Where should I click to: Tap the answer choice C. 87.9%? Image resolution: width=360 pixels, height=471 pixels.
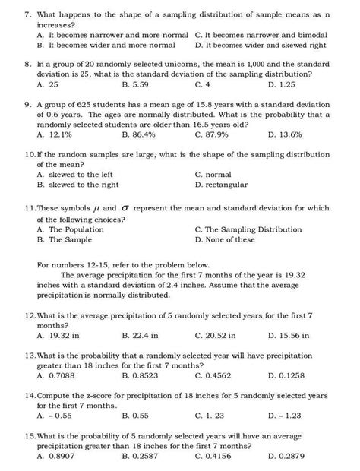pos(213,134)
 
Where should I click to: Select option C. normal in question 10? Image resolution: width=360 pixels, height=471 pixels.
pos(213,174)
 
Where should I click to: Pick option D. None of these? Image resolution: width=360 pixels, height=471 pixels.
pos(225,239)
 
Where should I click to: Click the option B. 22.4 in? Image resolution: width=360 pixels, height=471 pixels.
pos(141,335)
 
